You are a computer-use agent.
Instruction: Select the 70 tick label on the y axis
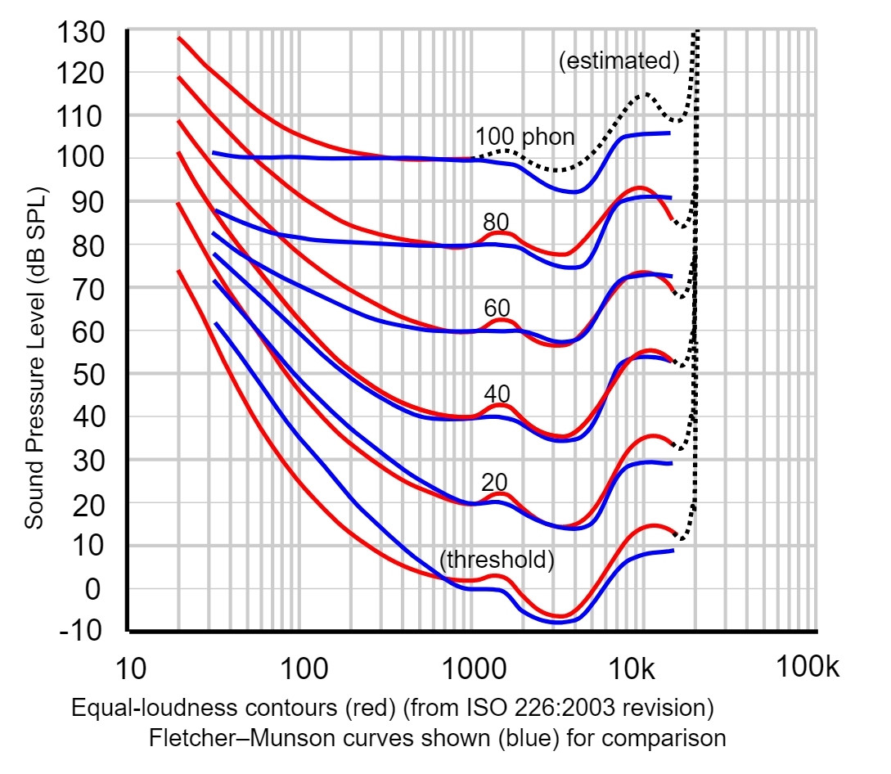click(88, 287)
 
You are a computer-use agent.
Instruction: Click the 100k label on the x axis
click(808, 668)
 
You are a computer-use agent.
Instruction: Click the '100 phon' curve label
click(524, 137)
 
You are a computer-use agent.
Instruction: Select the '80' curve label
click(497, 222)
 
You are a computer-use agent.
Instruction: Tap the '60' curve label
click(497, 308)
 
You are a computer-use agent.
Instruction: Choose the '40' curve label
click(497, 393)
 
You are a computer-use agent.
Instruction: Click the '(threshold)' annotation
click(497, 560)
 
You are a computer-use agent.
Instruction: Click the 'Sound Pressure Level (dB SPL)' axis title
click(34, 358)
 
